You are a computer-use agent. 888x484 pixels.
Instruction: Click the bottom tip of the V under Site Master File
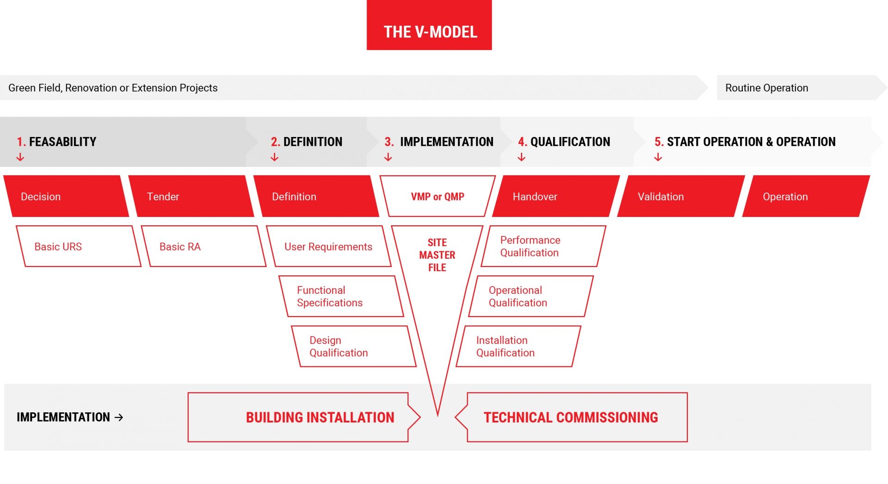438,415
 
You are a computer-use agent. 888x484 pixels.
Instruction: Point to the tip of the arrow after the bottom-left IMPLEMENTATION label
123,417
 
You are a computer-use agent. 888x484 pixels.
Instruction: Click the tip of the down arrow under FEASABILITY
20,161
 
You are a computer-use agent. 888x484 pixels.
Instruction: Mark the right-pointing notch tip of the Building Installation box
420,417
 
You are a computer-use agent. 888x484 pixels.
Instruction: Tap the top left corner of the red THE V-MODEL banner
367,0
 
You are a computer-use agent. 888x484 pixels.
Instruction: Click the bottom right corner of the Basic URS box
141,267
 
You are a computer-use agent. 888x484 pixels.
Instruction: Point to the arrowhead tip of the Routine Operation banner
887,87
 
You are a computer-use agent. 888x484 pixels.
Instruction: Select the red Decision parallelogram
66,196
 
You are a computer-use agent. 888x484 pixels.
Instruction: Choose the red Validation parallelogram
681,196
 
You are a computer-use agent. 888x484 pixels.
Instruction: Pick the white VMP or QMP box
438,196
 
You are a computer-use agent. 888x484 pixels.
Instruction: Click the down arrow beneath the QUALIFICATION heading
522,157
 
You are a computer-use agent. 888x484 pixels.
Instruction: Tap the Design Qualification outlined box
354,347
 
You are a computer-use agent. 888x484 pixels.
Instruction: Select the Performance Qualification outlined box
543,246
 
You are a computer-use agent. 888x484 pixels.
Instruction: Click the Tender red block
191,196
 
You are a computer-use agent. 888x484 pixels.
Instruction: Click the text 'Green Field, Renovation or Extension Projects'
113,88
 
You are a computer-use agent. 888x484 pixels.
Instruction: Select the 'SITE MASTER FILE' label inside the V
437,255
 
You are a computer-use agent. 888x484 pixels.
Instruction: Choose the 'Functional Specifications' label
330,297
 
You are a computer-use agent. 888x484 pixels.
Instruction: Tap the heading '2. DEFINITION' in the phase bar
307,142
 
